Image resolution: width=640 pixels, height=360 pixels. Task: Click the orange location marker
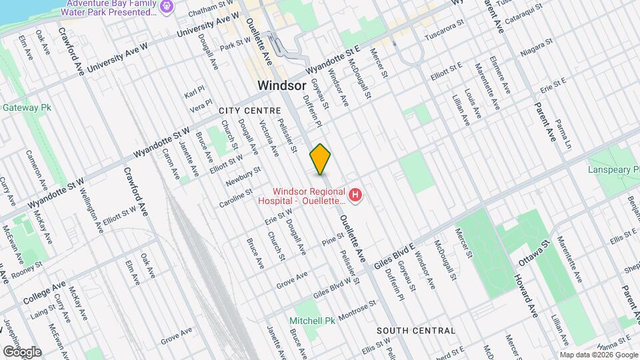point(321,159)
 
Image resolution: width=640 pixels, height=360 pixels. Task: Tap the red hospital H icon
point(356,195)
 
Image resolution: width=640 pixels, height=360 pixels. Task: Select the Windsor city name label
point(281,85)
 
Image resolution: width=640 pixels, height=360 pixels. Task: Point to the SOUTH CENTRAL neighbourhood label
point(416,331)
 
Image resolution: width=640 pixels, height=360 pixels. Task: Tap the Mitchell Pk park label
point(312,321)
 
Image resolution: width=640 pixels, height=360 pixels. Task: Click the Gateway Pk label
point(27,107)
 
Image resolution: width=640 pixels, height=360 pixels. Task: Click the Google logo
point(22,351)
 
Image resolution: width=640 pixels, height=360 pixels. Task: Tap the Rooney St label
point(27,269)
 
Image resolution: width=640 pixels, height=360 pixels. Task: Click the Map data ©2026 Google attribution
point(599,355)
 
